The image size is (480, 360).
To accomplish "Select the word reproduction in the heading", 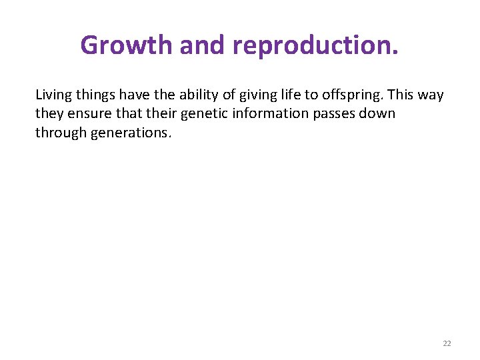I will (x=315, y=45).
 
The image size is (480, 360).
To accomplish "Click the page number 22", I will (x=447, y=343).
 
